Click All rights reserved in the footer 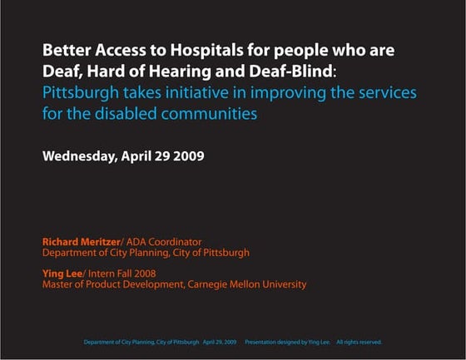(x=359, y=342)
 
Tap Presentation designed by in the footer (x=279, y=342)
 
